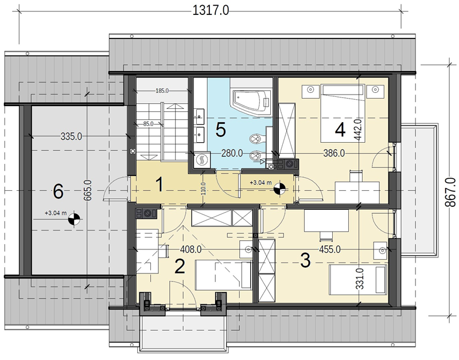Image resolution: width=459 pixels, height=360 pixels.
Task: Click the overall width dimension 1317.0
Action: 210,11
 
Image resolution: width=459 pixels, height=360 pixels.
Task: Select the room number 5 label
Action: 220,130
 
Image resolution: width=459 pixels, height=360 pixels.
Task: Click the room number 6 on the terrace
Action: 59,193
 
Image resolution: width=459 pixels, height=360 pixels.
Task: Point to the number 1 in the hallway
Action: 160,185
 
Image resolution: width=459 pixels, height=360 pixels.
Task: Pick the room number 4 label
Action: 340,130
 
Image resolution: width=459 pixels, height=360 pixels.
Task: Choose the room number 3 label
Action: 305,260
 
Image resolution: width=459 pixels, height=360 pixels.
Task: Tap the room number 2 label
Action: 180,267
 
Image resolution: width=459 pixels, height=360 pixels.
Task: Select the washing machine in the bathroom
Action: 202,160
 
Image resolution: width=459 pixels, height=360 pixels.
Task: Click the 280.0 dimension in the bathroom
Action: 232,153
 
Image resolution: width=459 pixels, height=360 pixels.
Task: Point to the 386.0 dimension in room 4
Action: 334,153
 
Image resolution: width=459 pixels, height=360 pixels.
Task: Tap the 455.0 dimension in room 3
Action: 329,249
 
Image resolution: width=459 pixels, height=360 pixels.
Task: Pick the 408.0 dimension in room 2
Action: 190,249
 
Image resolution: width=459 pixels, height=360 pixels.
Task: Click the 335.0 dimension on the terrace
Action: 71,136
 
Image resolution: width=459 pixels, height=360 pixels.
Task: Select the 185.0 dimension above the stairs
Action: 162,91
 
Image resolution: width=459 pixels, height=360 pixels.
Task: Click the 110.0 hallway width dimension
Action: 204,189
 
